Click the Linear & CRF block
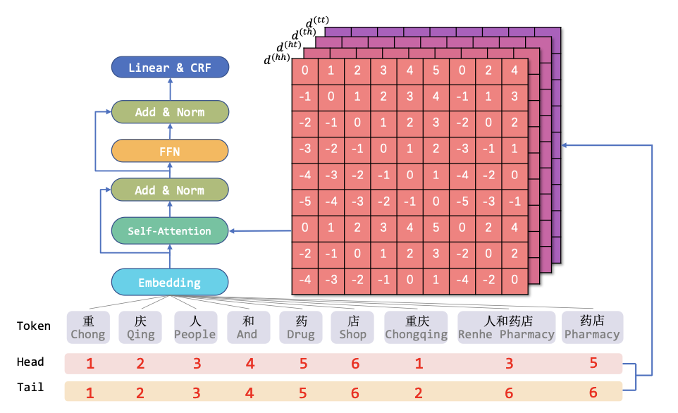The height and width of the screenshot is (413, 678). tap(170, 68)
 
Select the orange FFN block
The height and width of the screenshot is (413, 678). tap(170, 151)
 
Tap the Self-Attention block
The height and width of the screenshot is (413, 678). tap(169, 231)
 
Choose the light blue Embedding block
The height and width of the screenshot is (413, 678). tap(170, 283)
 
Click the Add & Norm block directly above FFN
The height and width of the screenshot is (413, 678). tap(170, 112)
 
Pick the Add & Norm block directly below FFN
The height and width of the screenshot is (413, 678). tap(169, 190)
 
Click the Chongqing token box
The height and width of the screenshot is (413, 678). tap(416, 328)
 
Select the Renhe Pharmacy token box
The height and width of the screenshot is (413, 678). tap(506, 328)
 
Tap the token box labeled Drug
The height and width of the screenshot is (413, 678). tap(301, 328)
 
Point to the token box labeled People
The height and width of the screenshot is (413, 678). tap(195, 328)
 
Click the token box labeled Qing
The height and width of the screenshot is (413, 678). tap(140, 328)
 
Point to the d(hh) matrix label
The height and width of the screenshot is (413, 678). tap(277, 58)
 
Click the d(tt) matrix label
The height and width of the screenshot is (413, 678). tap(317, 22)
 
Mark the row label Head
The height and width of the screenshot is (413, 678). tap(30, 362)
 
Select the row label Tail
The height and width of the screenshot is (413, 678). tap(30, 387)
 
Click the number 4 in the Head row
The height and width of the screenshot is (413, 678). tap(250, 363)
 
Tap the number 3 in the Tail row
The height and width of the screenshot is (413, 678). tap(197, 393)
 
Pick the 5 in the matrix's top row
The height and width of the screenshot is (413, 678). tap(436, 70)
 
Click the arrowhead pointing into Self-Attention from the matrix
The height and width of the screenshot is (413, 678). tap(232, 231)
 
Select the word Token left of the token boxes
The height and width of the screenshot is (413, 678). tap(34, 326)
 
